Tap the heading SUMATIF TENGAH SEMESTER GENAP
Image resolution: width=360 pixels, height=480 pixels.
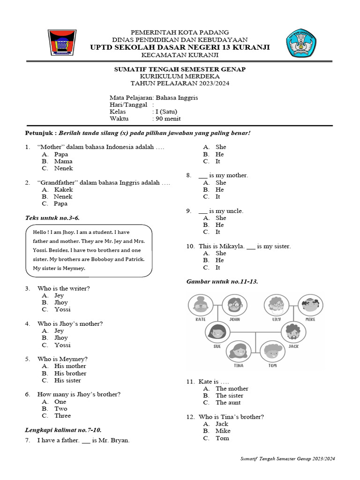click(x=180, y=69)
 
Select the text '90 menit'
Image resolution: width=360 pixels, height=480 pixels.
click(x=168, y=119)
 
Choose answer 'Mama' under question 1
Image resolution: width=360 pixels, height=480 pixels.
click(x=63, y=161)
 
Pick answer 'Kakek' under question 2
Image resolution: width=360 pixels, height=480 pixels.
click(x=63, y=189)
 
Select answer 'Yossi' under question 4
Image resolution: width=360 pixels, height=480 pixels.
click(x=62, y=345)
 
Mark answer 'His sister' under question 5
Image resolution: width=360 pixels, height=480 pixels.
click(x=67, y=380)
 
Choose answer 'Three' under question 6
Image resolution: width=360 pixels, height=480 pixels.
click(x=62, y=415)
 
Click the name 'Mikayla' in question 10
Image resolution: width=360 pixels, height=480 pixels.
click(x=232, y=246)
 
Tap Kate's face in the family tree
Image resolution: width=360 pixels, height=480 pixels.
click(x=201, y=305)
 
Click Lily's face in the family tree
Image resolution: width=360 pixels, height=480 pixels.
click(x=276, y=305)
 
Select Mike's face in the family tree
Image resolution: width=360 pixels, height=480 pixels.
click(x=310, y=305)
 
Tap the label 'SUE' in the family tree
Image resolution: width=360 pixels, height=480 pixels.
click(x=217, y=346)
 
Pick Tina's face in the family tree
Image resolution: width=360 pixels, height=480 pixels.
click(x=238, y=352)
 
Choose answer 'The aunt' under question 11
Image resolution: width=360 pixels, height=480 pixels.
click(x=228, y=403)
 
